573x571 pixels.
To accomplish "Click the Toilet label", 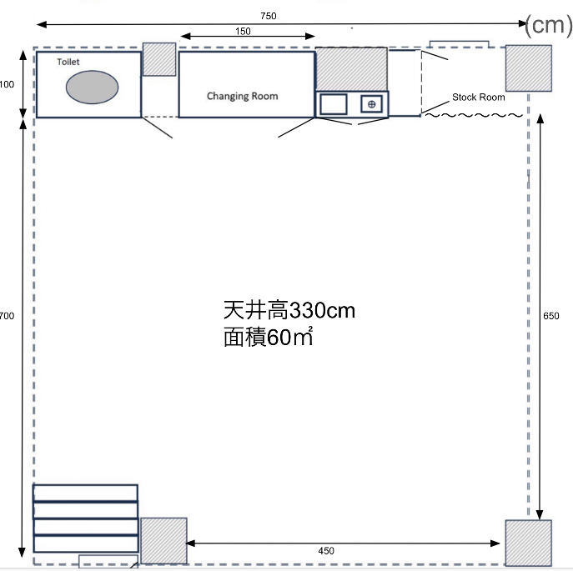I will coord(68,63).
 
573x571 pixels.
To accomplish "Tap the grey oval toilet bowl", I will coord(92,87).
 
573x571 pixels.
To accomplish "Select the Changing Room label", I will coord(243,96).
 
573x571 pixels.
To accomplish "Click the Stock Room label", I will coord(478,98).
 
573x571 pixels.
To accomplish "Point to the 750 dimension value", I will coord(268,15).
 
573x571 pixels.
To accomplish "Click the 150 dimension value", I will coord(243,31).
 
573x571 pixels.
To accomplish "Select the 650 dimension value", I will coord(551,316).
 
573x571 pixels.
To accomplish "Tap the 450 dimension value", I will coord(327,550).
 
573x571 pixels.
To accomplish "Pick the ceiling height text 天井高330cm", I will coord(289,311).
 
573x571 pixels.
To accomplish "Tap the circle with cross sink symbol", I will coord(372,103).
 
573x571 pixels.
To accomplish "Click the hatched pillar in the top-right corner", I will coord(529,68).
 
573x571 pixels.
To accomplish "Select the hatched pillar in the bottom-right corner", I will coord(528,543).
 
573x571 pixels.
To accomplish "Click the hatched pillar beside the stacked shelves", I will coord(163,540).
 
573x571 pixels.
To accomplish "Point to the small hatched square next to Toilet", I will coord(158,59).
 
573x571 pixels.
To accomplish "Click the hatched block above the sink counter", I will coord(350,68).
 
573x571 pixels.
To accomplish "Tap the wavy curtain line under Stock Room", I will coord(474,115).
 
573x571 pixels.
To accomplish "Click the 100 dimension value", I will coord(7,85).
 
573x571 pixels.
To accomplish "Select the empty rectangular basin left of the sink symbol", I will coord(334,103).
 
